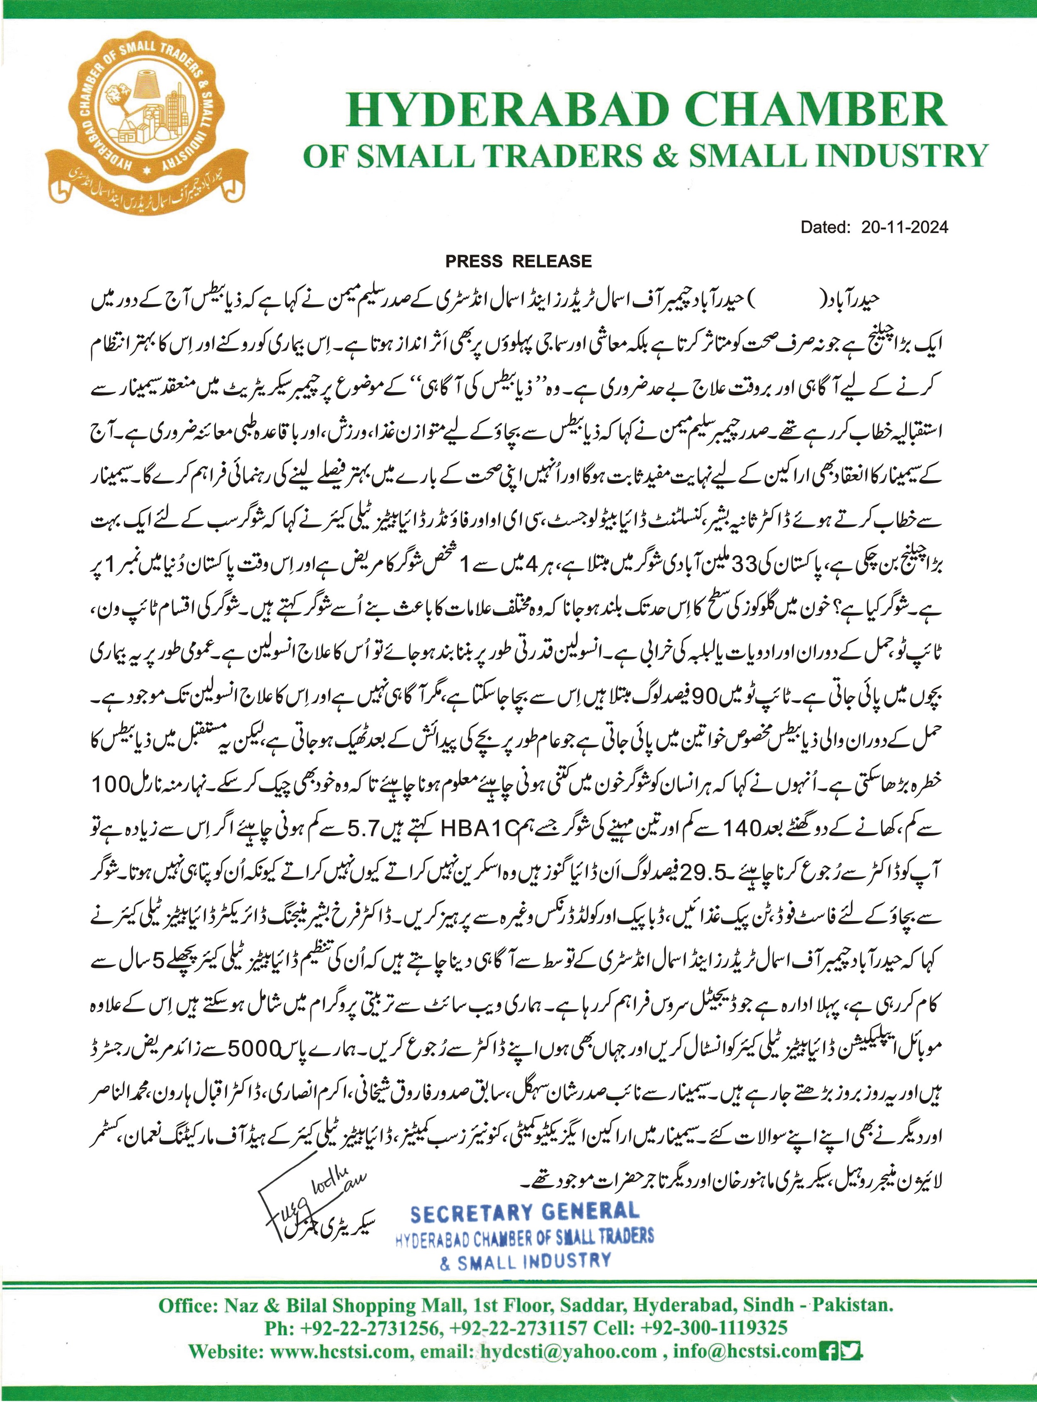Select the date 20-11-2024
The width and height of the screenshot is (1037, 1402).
[x=904, y=227]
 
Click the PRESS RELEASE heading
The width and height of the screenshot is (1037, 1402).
[x=518, y=261]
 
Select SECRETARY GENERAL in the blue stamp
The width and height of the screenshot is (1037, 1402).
[x=525, y=1212]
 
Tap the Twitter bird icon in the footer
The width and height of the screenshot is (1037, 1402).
[x=851, y=1349]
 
